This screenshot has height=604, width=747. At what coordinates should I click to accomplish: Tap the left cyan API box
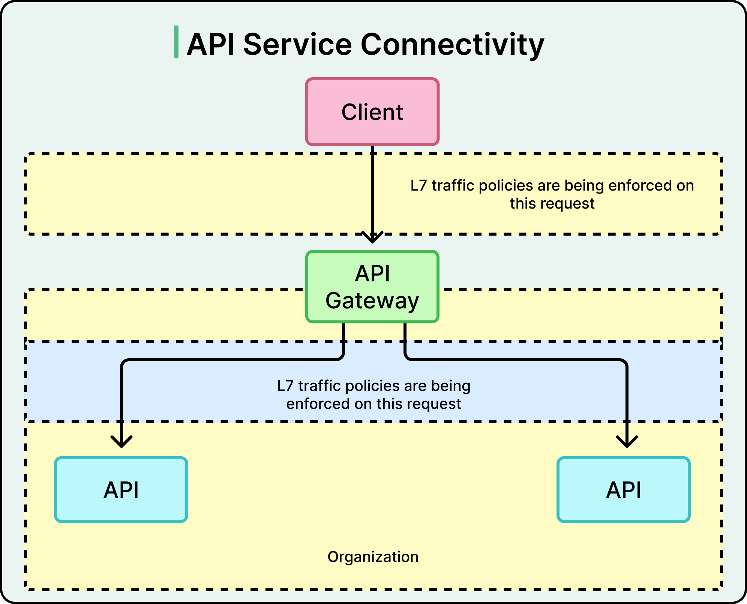click(121, 489)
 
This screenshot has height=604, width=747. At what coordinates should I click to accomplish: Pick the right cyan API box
click(623, 489)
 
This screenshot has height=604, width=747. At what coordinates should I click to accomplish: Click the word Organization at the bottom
click(373, 557)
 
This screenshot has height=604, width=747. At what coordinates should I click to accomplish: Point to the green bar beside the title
click(176, 42)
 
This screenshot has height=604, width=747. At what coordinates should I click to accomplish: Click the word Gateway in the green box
click(372, 301)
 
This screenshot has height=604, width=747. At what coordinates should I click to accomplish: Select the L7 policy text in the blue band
click(373, 395)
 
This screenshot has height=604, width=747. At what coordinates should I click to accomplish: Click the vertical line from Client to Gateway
click(372, 188)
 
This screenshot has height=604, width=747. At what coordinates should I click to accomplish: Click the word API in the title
click(211, 44)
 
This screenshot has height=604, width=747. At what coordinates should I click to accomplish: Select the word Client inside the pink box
click(372, 112)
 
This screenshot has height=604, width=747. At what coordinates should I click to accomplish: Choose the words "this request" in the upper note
click(552, 204)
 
